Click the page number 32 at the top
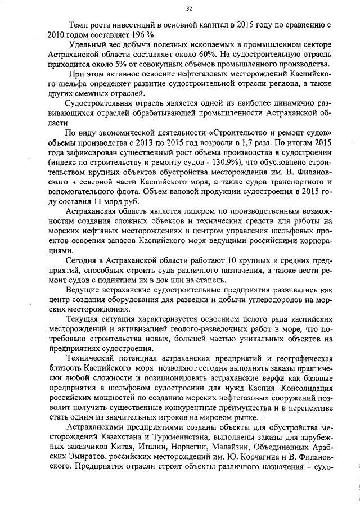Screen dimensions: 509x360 pyautogui.click(x=188, y=8)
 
